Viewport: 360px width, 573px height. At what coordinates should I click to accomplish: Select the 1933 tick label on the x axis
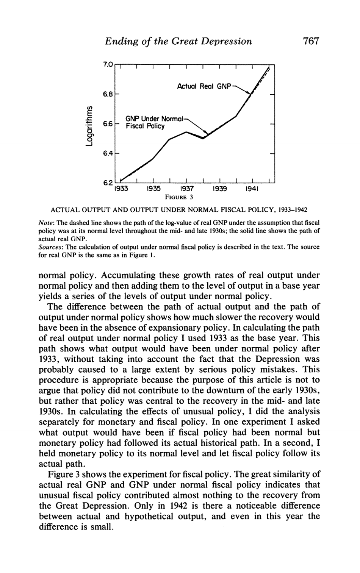tap(121, 188)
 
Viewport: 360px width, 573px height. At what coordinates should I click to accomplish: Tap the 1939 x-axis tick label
tap(219, 188)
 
